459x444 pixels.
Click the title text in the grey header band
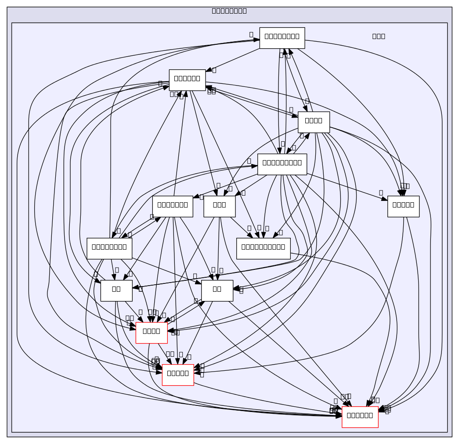(229, 11)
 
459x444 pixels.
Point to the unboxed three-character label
(378, 36)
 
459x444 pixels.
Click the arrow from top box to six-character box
(233, 59)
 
